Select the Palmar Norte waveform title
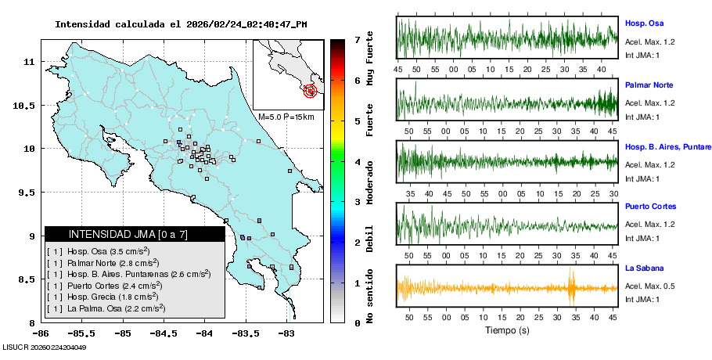(x=649, y=85)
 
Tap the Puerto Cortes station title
(x=649, y=207)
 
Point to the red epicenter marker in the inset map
(x=311, y=91)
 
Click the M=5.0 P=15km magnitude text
(x=286, y=117)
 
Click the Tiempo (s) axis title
(x=507, y=330)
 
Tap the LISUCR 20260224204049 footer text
(x=44, y=347)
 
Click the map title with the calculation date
(x=181, y=24)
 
